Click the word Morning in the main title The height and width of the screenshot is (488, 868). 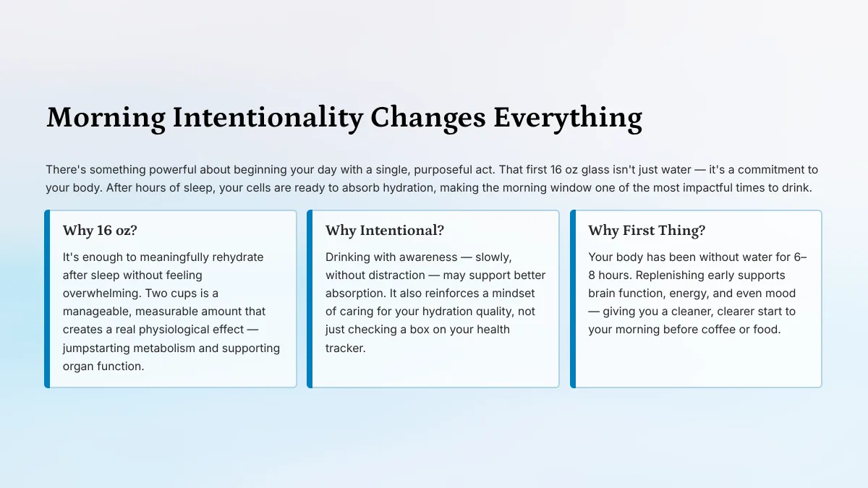tap(106, 118)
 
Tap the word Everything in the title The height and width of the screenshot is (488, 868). tap(568, 118)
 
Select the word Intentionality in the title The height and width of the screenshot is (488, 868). tap(268, 118)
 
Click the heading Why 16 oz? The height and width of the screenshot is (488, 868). tap(100, 231)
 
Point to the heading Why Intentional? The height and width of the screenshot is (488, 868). tap(385, 231)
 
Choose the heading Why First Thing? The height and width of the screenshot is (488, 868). tap(647, 231)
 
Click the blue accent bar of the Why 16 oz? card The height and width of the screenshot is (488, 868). tap(47, 299)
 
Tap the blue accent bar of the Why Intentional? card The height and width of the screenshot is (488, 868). tap(310, 299)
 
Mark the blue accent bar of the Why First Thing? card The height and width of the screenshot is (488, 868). tap(573, 299)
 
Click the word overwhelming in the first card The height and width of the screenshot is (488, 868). tap(102, 294)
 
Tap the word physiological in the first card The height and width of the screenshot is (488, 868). tap(192, 330)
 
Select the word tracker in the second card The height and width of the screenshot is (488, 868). tap(345, 348)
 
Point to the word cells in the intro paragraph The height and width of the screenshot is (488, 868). tap(258, 188)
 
